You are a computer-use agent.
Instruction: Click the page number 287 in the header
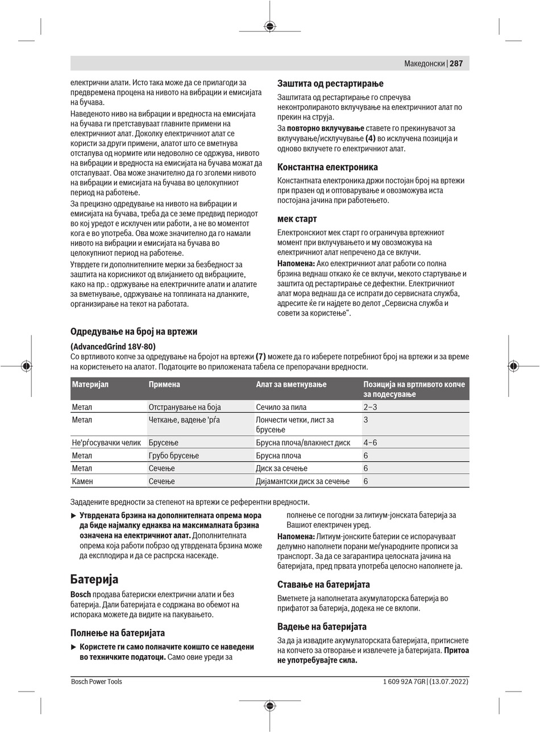(457, 64)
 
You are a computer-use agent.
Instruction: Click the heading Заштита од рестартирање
(330, 84)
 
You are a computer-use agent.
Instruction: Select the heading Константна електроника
(327, 167)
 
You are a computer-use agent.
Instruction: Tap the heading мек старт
(297, 219)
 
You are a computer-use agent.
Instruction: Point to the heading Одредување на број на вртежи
(134, 332)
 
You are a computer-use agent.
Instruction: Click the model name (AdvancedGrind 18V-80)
(113, 346)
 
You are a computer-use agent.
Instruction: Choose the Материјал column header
(90, 384)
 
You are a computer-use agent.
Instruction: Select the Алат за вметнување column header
(291, 384)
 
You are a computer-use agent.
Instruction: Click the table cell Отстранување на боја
(185, 407)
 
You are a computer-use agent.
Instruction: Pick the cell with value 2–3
(370, 407)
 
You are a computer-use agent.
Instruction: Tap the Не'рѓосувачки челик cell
(106, 442)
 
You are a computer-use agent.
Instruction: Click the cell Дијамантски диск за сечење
(302, 481)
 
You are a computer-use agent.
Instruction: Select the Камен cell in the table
(82, 481)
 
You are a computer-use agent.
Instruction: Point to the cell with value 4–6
(370, 442)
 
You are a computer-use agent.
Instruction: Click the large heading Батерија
(94, 579)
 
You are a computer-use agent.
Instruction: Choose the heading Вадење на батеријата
(322, 626)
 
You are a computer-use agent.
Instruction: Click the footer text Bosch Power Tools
(97, 681)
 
